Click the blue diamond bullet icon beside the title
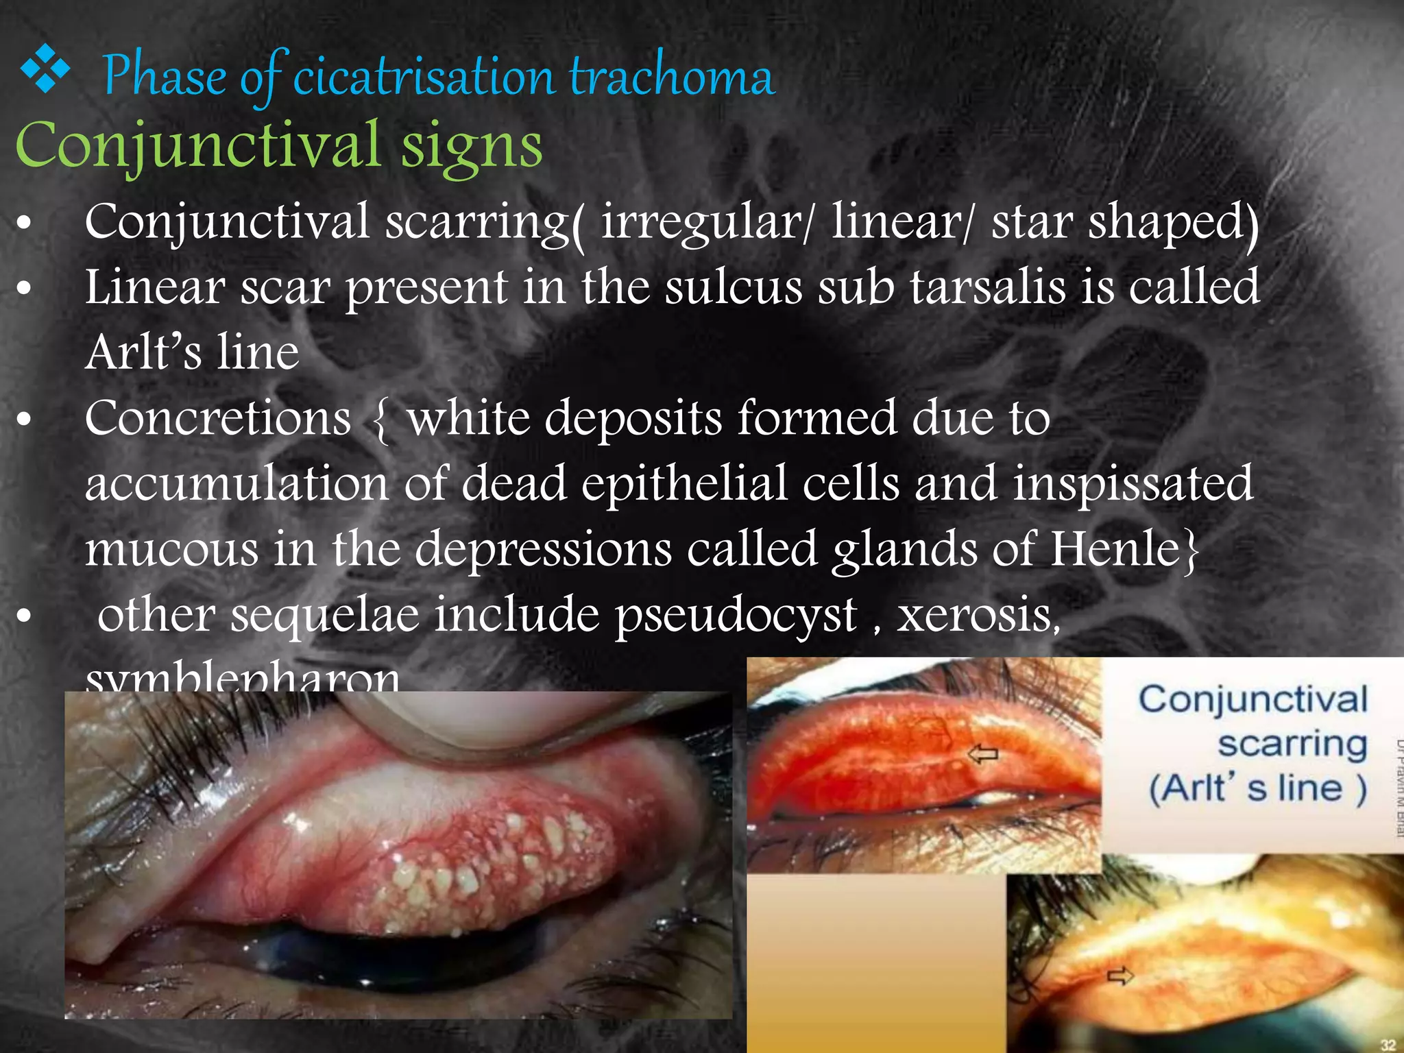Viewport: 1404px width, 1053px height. (x=45, y=69)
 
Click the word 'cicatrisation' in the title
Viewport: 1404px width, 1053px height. (x=423, y=77)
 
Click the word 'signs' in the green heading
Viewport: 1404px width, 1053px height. (x=472, y=146)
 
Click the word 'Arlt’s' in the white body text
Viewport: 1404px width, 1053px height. (x=144, y=352)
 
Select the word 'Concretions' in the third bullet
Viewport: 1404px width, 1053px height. (x=218, y=418)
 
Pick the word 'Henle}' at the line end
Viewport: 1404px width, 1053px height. (x=1125, y=549)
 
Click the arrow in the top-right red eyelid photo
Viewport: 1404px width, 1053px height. (x=983, y=755)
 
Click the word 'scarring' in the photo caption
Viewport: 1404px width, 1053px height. (x=1292, y=745)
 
